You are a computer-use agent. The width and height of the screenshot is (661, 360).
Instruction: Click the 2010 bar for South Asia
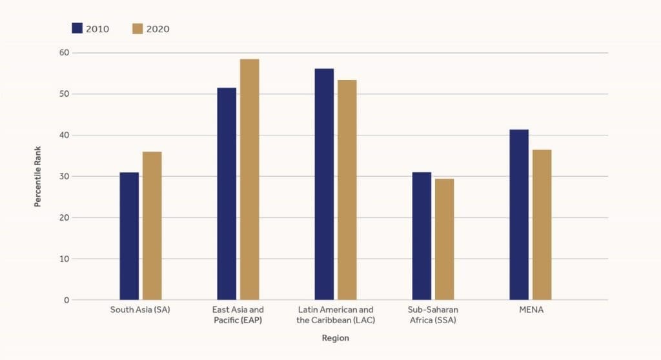[x=129, y=236]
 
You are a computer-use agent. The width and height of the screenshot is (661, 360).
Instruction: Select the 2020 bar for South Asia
[x=152, y=226]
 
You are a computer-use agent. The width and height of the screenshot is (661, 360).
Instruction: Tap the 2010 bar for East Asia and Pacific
[x=227, y=194]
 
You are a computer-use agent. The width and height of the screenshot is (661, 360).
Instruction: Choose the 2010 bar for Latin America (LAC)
[x=324, y=184]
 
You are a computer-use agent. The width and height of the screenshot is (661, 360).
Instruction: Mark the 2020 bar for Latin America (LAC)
[x=347, y=190]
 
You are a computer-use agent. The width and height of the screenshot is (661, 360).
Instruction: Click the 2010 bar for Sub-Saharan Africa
[x=422, y=236]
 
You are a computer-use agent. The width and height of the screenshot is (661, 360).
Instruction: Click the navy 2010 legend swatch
[x=77, y=28]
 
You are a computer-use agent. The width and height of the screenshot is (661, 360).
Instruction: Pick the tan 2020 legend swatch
[x=137, y=28]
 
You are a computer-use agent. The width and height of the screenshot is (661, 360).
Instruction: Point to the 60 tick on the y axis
[x=64, y=53]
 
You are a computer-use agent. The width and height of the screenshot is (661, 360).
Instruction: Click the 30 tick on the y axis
[x=64, y=177]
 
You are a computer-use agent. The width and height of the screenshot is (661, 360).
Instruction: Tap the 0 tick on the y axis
[x=66, y=301]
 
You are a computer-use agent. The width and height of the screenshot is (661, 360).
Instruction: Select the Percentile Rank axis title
[x=37, y=176]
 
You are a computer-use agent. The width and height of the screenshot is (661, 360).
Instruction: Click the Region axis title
[x=335, y=337]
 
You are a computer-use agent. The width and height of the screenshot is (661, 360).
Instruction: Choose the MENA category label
[x=531, y=310]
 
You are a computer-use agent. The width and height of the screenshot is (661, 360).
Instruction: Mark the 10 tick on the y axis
[x=64, y=259]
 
